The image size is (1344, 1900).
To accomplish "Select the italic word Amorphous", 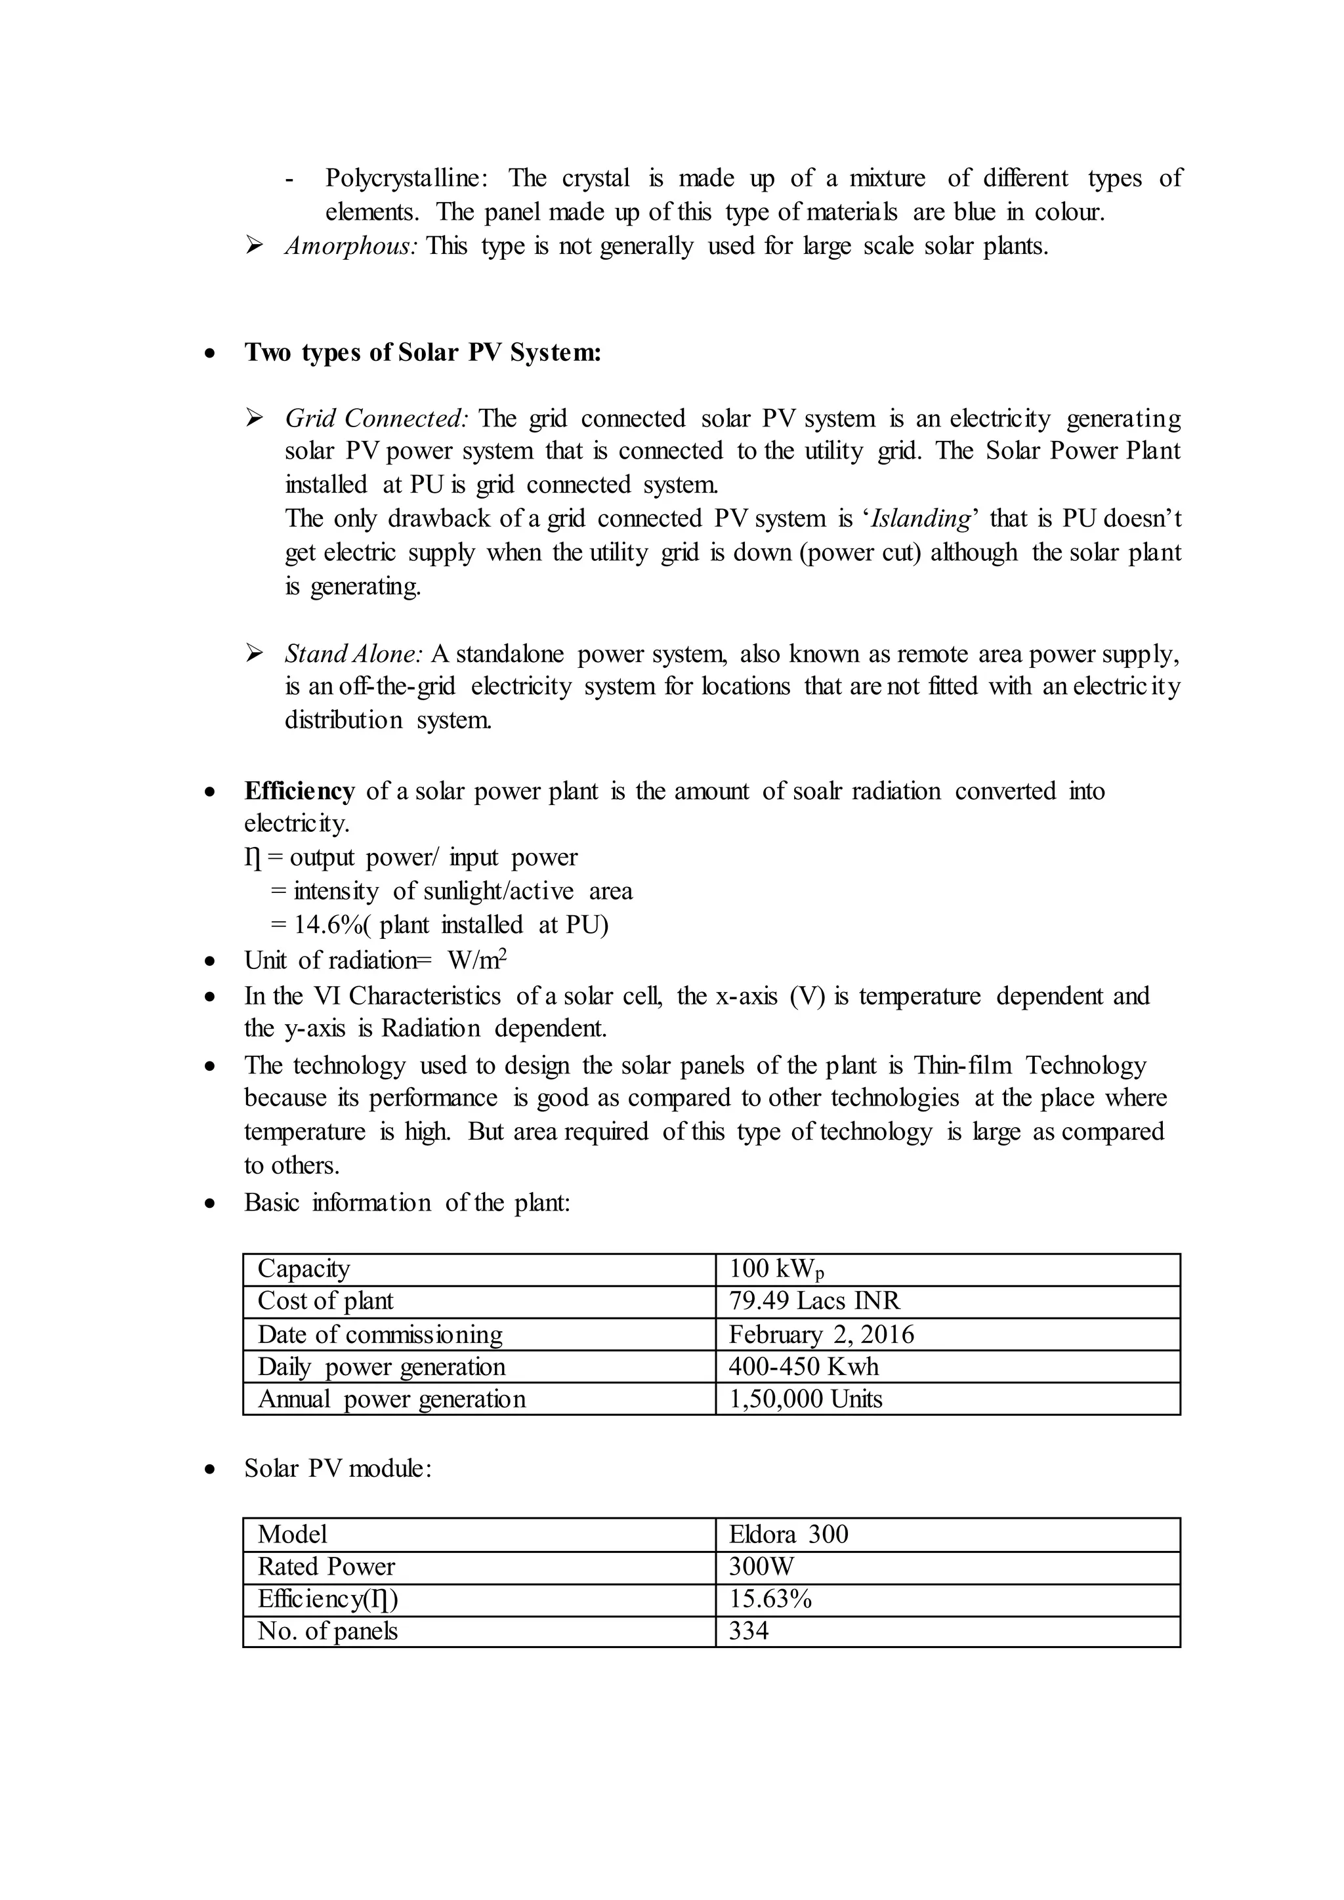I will click(x=351, y=247).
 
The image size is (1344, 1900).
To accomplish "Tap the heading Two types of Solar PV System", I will click(x=422, y=354).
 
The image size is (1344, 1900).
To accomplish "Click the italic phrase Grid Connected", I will click(x=377, y=419).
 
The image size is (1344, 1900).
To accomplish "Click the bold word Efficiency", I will click(x=299, y=791).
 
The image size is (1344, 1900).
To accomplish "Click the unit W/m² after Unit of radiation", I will click(x=476, y=960).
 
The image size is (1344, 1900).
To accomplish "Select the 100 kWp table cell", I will click(x=776, y=1269).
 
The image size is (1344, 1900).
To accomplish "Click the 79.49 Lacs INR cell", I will click(x=814, y=1301).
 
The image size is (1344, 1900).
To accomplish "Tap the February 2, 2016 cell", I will click(x=821, y=1334).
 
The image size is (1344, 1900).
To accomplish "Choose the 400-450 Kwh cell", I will click(x=803, y=1366).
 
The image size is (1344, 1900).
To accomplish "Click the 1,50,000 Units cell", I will click(x=805, y=1399).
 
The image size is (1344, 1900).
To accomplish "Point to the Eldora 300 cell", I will click(x=788, y=1534).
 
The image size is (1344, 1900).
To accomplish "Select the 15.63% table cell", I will click(x=770, y=1599).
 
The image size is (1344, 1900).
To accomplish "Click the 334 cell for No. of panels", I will click(x=749, y=1631).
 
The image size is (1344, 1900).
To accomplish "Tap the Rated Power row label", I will click(x=326, y=1567).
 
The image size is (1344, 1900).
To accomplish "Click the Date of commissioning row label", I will click(x=380, y=1334).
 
